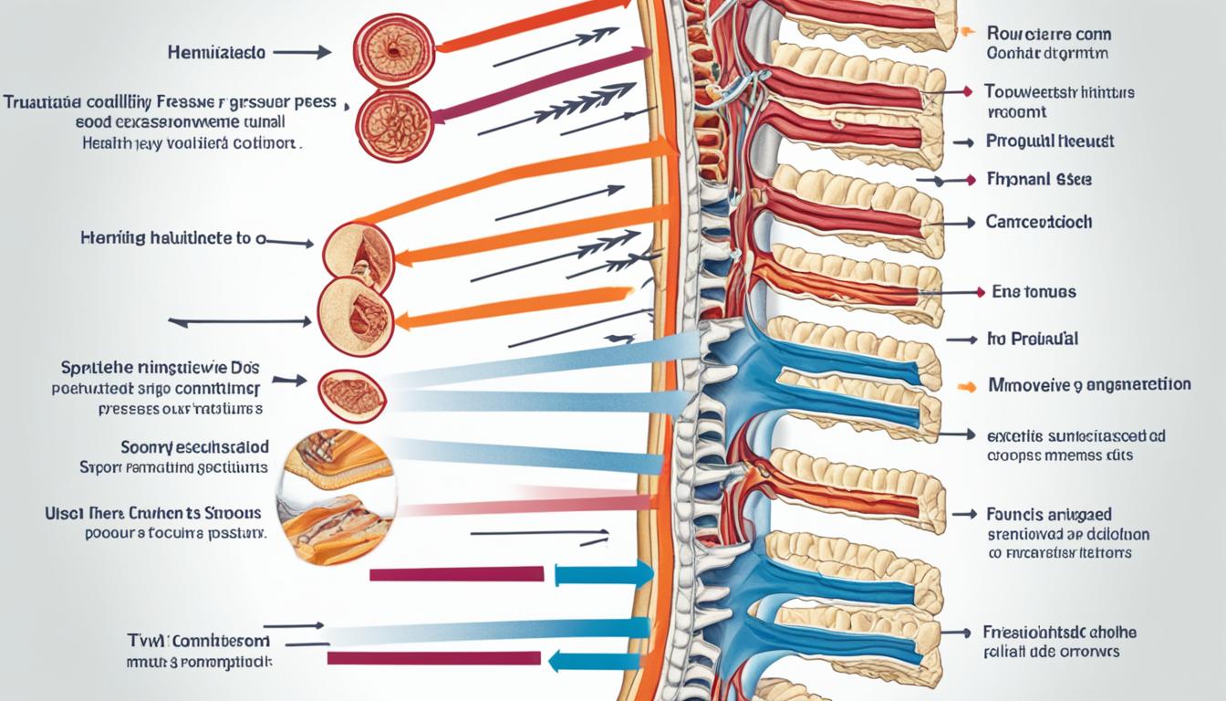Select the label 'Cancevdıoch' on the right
(x=1039, y=222)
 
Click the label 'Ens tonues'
(x=1033, y=292)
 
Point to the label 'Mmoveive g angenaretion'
(x=1090, y=385)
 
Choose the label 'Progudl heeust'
(x=1050, y=141)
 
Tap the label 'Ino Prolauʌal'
(x=1032, y=339)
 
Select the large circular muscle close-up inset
(x=338, y=497)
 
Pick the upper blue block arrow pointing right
(x=603, y=574)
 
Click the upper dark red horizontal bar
(x=456, y=574)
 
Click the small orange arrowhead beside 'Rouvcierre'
(x=966, y=33)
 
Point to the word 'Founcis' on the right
(x=1014, y=516)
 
